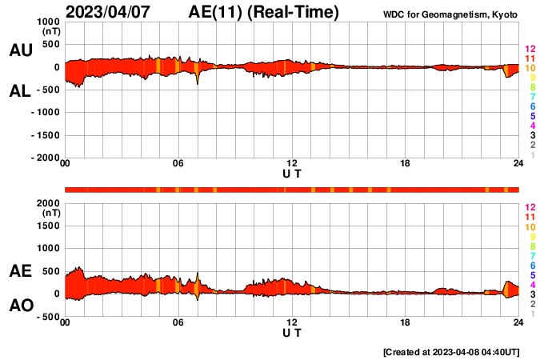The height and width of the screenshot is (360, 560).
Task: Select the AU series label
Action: (20, 50)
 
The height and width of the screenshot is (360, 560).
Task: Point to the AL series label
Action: (20, 91)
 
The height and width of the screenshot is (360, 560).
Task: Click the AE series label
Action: (20, 271)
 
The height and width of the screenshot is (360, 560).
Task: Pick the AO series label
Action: (20, 306)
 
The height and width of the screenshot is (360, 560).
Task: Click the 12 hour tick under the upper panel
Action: (292, 164)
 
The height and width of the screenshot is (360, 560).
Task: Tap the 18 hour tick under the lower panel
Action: (406, 322)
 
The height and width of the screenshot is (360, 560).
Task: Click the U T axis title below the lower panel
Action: (292, 333)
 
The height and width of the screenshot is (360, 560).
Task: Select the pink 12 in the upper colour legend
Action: (530, 49)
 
